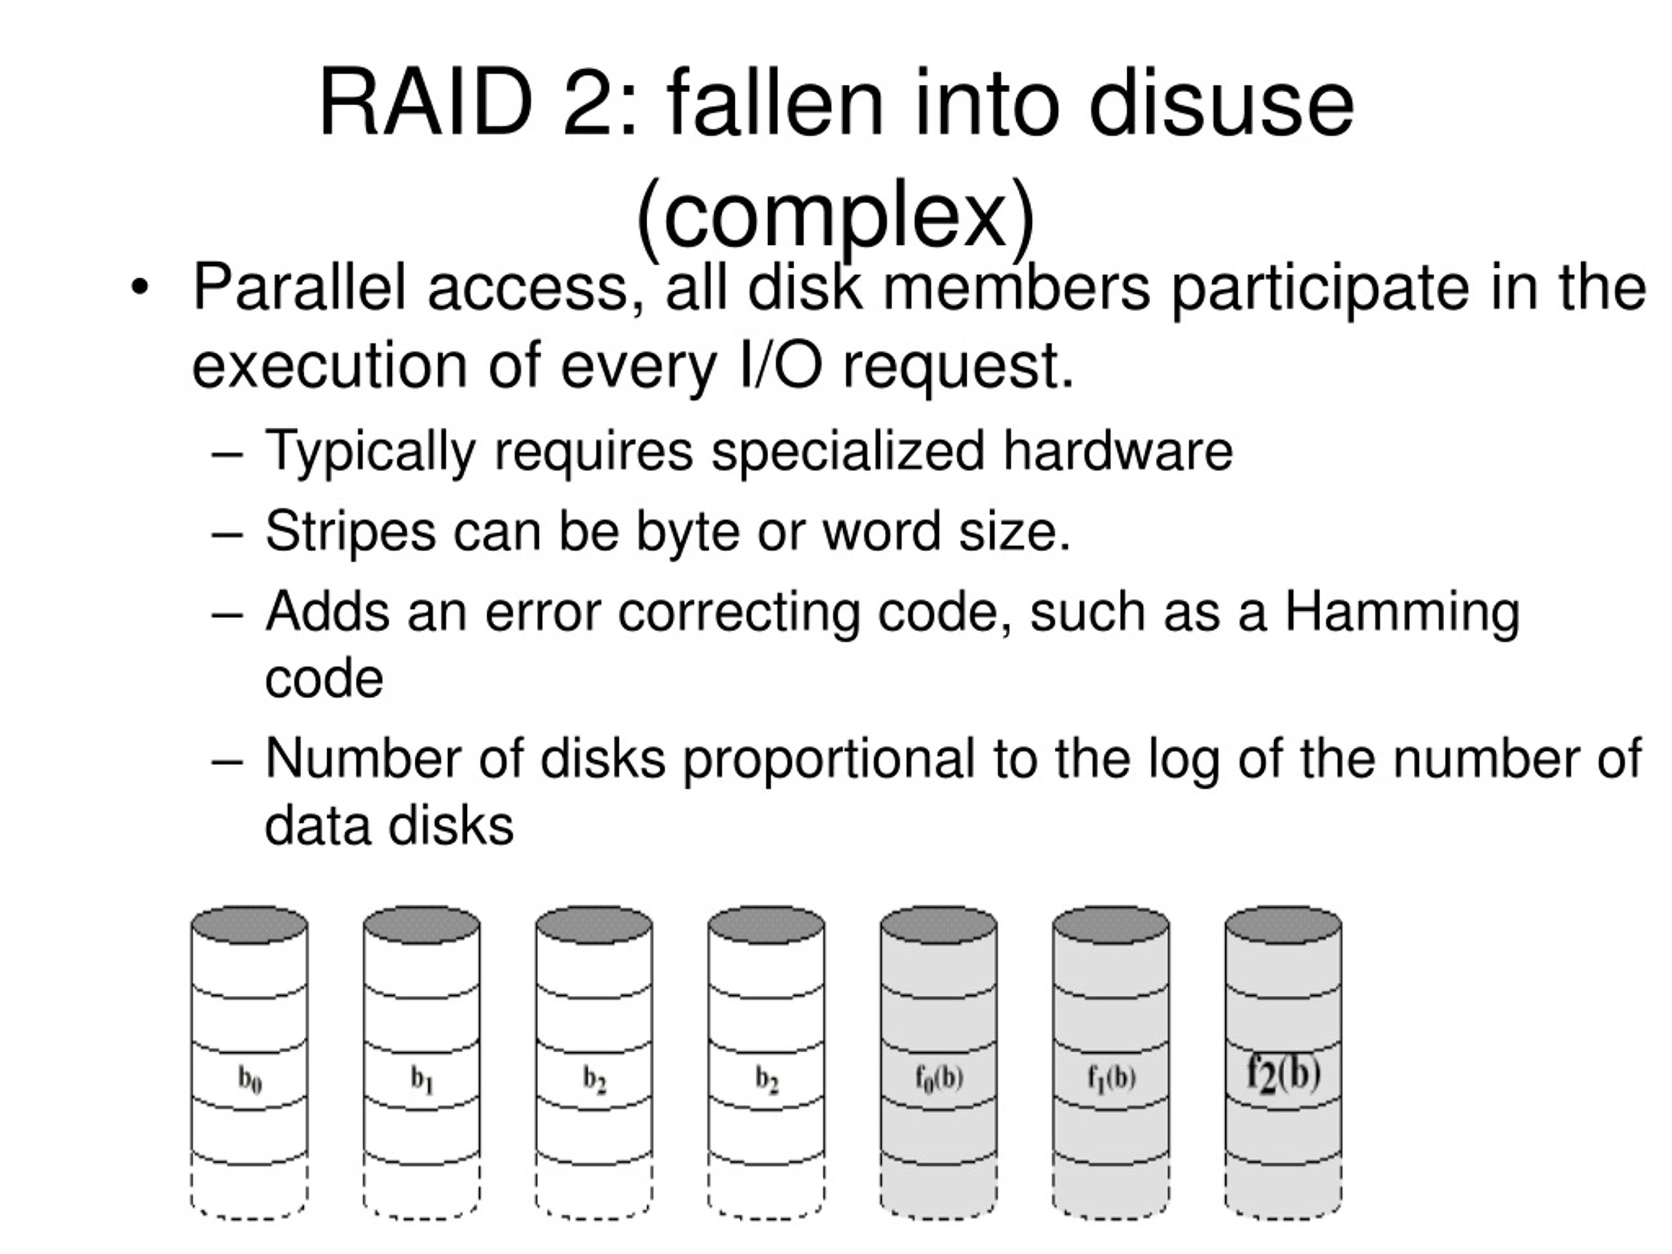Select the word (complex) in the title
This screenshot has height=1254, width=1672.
(x=836, y=216)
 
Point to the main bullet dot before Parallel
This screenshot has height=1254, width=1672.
(x=139, y=288)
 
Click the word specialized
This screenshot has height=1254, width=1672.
(x=848, y=452)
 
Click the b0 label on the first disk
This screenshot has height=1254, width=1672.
(x=250, y=1080)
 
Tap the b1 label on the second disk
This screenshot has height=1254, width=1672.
(x=423, y=1080)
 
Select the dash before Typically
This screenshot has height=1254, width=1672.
(x=227, y=456)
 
